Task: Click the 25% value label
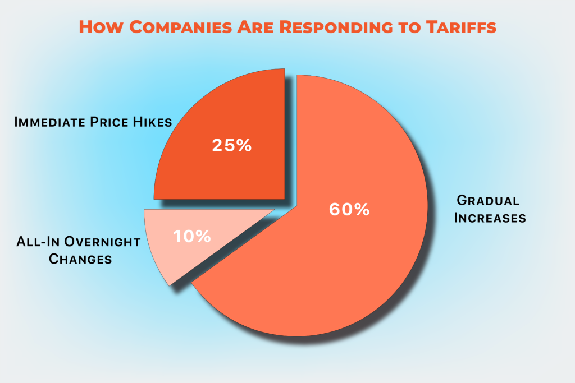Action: pos(232,145)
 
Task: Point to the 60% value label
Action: pos(349,209)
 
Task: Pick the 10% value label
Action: pos(192,236)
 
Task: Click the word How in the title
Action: pos(97,27)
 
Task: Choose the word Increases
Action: pos(490,218)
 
